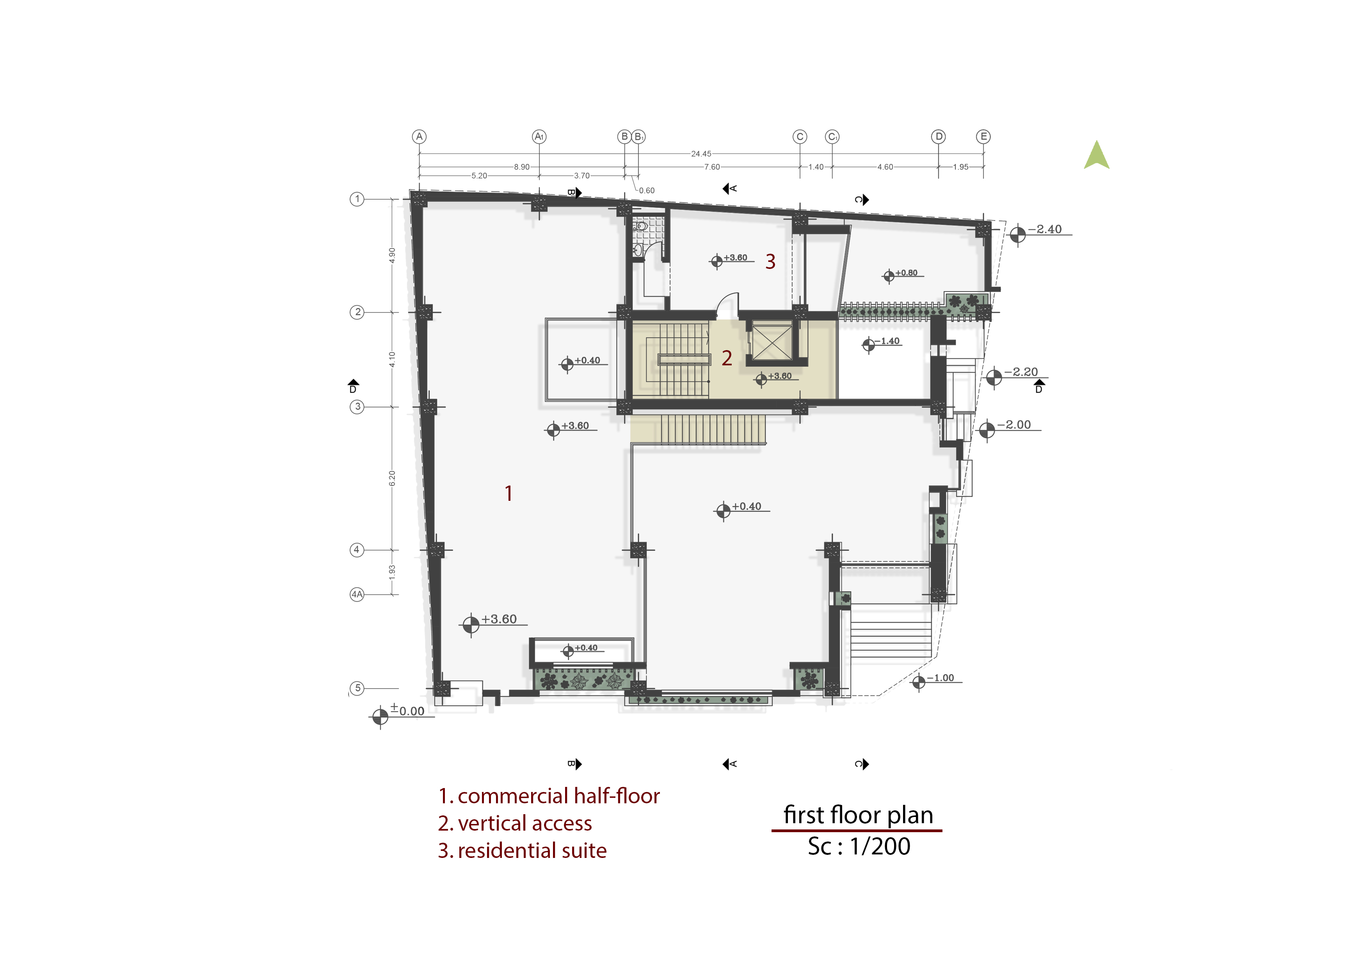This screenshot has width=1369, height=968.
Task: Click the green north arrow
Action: (x=1097, y=155)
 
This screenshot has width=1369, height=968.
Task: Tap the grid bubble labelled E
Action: (x=983, y=137)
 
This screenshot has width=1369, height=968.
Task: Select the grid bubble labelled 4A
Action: (x=357, y=594)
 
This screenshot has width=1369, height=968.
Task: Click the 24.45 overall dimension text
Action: (x=701, y=154)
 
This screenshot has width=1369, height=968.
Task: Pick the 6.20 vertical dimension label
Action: (x=392, y=478)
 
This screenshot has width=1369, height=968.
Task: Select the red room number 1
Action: (x=508, y=493)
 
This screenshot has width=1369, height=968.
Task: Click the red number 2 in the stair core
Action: (x=727, y=358)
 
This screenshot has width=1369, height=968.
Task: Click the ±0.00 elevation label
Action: (x=407, y=710)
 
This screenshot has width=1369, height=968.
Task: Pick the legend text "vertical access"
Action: (x=525, y=823)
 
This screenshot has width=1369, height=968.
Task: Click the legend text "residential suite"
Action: (x=532, y=851)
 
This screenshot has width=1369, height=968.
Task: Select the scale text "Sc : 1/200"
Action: (x=859, y=846)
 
